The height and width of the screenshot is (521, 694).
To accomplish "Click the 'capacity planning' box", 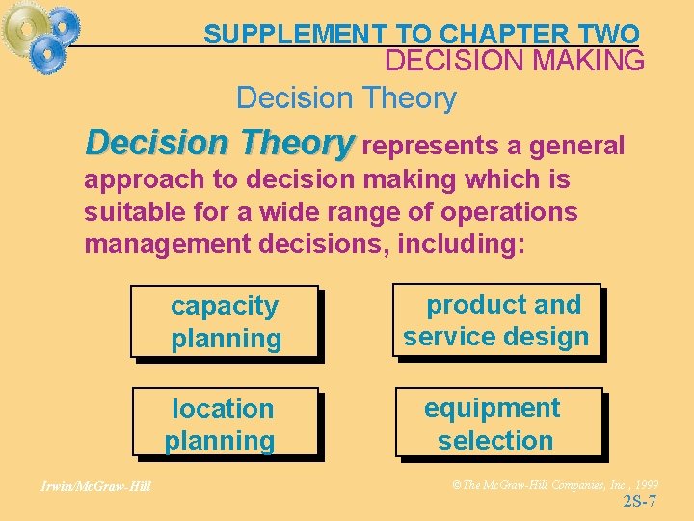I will [x=226, y=322].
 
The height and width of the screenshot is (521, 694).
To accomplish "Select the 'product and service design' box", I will [x=496, y=320].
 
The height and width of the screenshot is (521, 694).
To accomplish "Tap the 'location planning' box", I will [x=226, y=425].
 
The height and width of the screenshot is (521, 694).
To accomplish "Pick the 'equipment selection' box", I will [x=497, y=424].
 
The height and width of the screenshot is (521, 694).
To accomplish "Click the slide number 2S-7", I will [x=640, y=501].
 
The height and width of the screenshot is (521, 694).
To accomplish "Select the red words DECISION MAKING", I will [x=515, y=61].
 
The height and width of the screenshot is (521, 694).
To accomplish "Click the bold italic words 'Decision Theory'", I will [x=220, y=143].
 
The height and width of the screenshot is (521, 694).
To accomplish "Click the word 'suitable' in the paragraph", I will [x=130, y=211].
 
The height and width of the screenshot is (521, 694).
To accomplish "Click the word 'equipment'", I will [x=492, y=408].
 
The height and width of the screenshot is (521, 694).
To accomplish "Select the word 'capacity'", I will [x=225, y=306].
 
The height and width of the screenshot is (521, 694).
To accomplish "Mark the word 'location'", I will [x=223, y=409].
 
